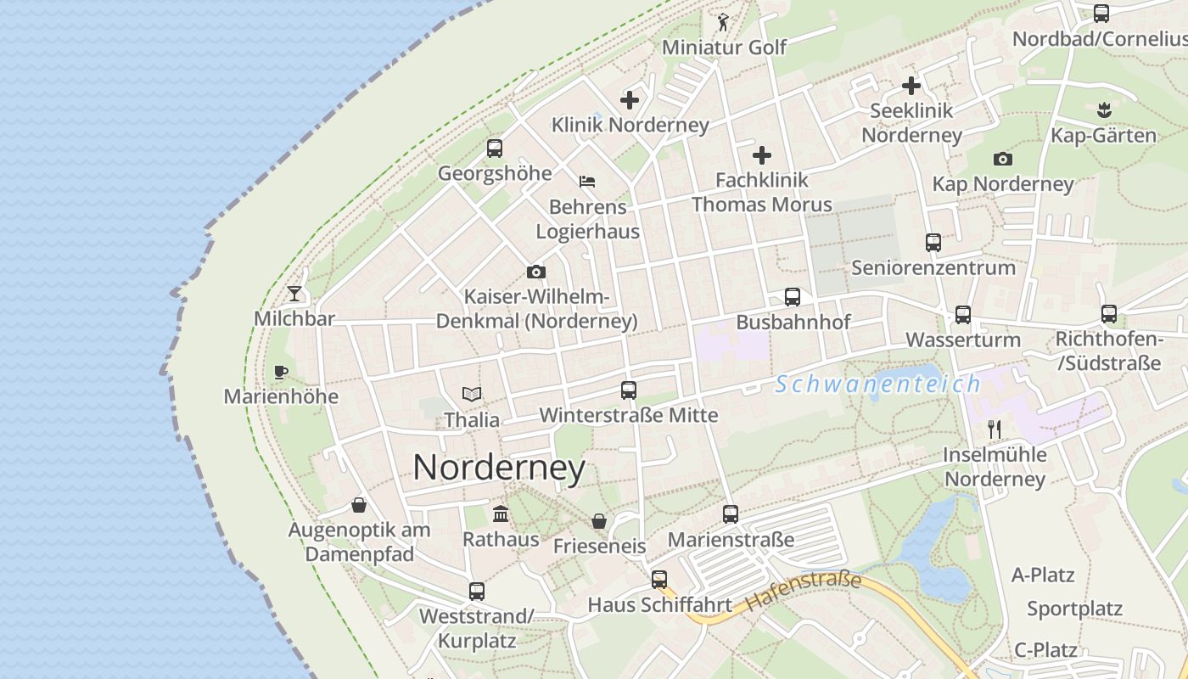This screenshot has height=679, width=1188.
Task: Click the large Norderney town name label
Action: click(x=499, y=468)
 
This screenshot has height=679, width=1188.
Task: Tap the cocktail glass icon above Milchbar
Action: click(x=294, y=294)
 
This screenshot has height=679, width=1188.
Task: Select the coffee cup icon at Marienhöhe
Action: click(x=281, y=372)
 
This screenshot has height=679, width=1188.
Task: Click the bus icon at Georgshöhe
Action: click(x=495, y=149)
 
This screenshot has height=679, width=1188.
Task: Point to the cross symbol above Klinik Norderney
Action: click(x=630, y=100)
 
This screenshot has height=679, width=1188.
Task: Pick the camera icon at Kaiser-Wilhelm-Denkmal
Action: click(x=535, y=272)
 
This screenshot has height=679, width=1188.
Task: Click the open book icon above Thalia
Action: click(x=472, y=394)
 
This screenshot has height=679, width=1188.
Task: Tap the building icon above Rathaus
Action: click(x=501, y=514)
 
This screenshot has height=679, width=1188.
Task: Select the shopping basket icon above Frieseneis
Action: click(x=599, y=521)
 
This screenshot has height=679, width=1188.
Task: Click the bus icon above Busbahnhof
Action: click(x=793, y=297)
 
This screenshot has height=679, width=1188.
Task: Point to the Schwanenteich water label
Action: click(x=877, y=384)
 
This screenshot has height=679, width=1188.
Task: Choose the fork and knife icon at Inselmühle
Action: click(x=995, y=429)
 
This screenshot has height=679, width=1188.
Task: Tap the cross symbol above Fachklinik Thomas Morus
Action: click(x=762, y=155)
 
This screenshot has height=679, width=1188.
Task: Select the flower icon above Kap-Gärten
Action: click(x=1104, y=109)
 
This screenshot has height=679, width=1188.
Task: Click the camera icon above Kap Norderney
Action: click(x=1002, y=159)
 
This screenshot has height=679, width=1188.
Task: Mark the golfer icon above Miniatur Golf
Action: click(x=723, y=22)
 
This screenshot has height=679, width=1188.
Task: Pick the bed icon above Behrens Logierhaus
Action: click(x=587, y=182)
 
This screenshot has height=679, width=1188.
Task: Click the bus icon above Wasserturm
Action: click(x=963, y=315)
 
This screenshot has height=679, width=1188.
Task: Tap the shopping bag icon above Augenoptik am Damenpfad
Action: click(x=359, y=505)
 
